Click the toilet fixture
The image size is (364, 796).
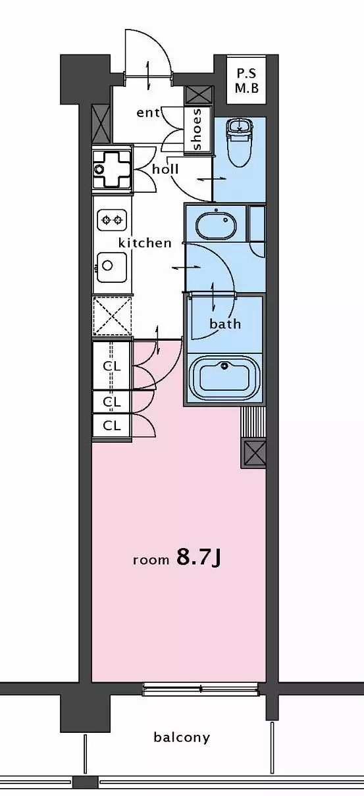point(240,143)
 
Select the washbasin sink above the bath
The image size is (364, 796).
point(216,225)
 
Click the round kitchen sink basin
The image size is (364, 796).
point(112,267)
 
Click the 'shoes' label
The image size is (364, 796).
point(197,130)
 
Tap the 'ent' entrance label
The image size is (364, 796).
point(148,113)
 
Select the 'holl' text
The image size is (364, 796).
point(165,169)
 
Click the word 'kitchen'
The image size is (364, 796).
point(145,243)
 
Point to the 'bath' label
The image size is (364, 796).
point(225,324)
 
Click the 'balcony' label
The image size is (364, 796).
point(182,737)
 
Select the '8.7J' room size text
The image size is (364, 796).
point(199,557)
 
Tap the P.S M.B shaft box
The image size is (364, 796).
point(246,80)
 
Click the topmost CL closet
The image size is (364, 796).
point(112,366)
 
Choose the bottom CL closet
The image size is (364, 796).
point(112,425)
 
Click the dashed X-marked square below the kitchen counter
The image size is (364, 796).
point(112,316)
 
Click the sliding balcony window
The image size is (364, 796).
point(201,689)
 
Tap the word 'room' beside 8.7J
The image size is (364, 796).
point(151,560)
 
